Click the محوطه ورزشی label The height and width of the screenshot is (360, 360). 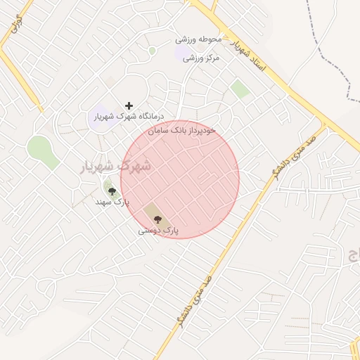click(x=198, y=39)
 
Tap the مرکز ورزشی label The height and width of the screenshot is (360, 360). click(x=201, y=58)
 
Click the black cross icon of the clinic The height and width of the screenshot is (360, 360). click(x=129, y=105)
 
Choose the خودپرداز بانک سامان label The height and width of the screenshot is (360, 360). click(x=182, y=131)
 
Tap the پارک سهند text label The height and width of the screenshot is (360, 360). click(x=112, y=202)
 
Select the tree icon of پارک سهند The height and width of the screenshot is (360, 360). click(x=112, y=191)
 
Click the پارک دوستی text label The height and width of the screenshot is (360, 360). click(x=158, y=230)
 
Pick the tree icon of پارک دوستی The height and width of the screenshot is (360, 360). click(x=157, y=219)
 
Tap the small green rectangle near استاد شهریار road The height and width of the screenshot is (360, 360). click(x=240, y=89)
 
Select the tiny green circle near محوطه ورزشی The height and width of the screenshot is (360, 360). click(x=152, y=51)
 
